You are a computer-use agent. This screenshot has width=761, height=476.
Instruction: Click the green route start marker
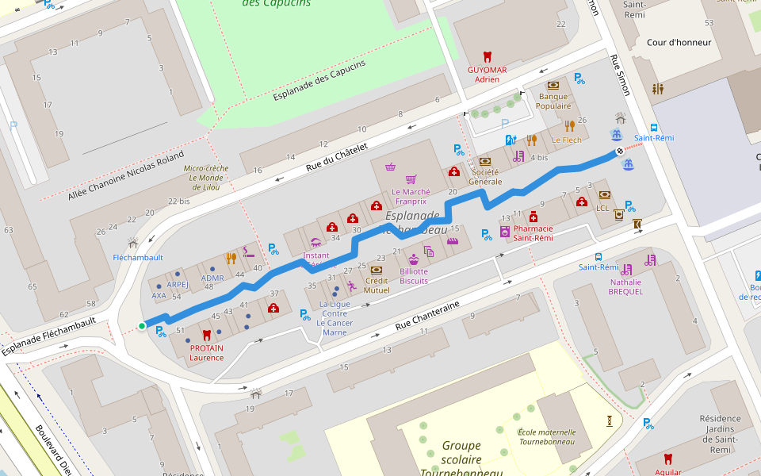coord(142,326)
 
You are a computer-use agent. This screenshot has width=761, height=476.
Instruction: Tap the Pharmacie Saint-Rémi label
coord(533,233)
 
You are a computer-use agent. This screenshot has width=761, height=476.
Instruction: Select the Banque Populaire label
coord(553,101)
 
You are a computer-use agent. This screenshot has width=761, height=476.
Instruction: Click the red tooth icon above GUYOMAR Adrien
coord(487,57)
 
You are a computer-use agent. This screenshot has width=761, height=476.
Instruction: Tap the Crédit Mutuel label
coord(377,285)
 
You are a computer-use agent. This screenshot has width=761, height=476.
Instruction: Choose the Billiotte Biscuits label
coord(414,276)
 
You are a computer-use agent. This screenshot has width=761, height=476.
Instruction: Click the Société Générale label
coord(485,176)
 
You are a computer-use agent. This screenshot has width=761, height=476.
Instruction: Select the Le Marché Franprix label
coord(411,197)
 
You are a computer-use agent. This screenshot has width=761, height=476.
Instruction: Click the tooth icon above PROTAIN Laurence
coord(207,335)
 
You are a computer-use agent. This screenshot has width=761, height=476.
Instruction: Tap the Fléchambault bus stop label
coord(138,258)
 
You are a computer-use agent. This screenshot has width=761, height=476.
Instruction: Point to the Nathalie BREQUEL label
coord(625,286)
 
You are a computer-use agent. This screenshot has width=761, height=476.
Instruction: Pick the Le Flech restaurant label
coord(567,140)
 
